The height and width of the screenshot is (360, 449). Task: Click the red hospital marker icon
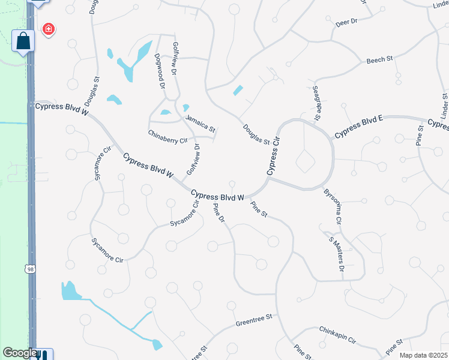48,29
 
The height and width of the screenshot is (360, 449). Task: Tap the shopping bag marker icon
23,41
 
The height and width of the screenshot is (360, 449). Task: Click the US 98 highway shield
31,269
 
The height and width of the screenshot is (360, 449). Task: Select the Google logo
19,353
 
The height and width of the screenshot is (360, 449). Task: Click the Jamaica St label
200,124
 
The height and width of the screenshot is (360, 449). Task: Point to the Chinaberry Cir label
168,136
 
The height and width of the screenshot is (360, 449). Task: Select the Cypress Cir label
274,154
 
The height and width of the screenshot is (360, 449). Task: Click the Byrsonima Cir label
333,208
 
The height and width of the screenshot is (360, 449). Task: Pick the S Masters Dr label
336,254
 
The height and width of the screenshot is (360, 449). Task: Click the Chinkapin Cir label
337,335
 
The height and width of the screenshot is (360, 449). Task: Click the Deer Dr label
346,22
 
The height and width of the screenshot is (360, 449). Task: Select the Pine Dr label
219,215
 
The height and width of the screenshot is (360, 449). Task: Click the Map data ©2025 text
423,355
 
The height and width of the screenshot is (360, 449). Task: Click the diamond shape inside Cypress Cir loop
305,161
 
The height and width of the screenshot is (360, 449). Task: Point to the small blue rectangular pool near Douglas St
238,91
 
